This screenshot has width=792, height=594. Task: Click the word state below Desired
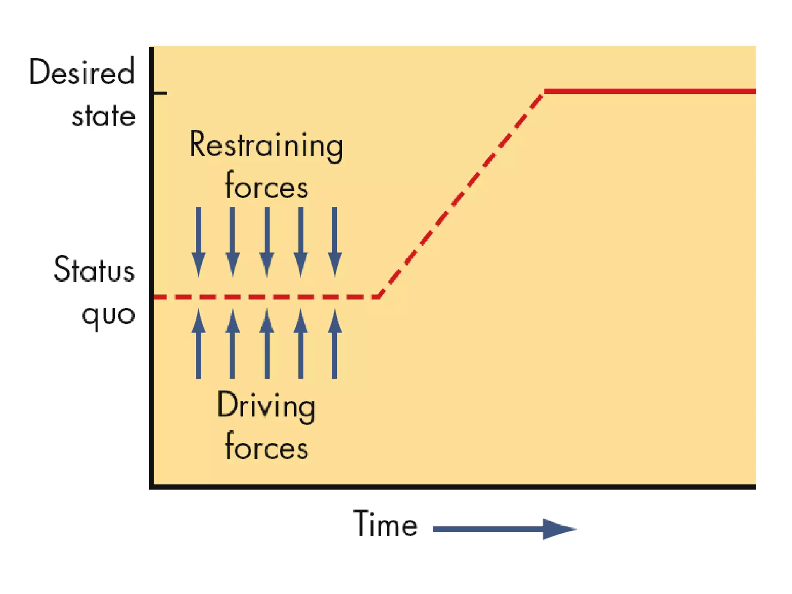[104, 116]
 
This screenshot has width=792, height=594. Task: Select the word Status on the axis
[94, 269]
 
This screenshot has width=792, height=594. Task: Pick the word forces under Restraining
[266, 186]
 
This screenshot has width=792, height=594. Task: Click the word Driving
[266, 406]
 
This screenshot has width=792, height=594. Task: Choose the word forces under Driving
[266, 447]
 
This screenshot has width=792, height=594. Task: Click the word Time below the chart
[386, 524]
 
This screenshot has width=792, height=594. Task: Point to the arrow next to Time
[505, 529]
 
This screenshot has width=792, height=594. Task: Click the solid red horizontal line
[650, 91]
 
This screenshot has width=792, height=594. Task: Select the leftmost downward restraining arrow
[198, 242]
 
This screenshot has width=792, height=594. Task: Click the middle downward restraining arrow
[266, 242]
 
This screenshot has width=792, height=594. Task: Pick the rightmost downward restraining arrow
[335, 242]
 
